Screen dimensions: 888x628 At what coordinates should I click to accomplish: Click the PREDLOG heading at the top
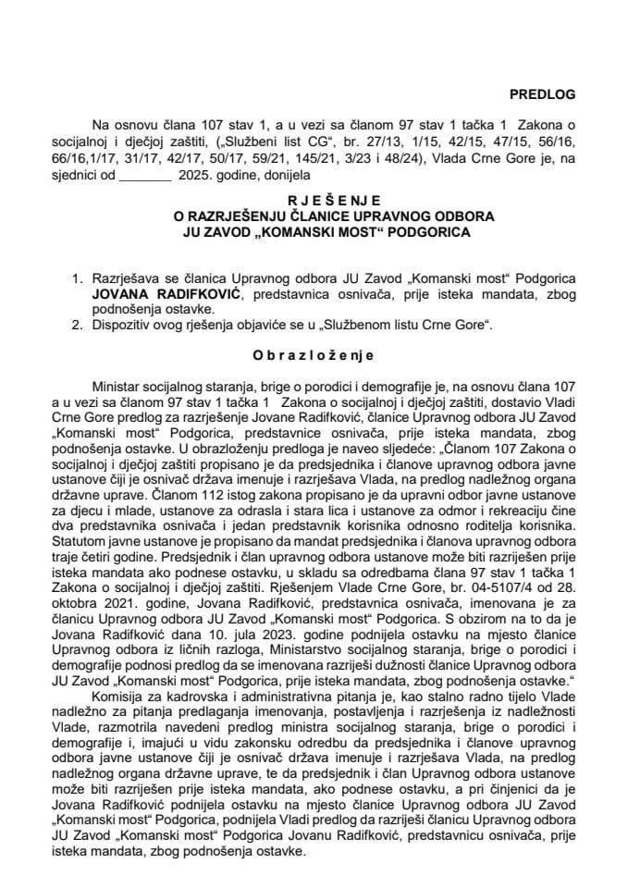[543, 93]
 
